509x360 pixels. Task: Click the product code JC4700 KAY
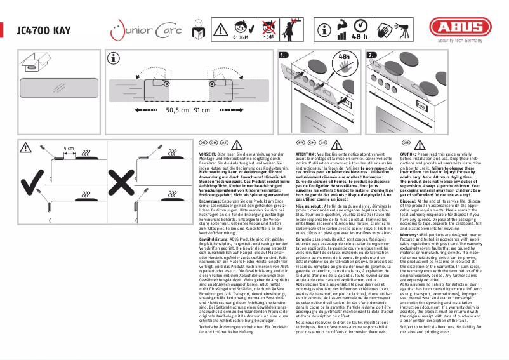click(x=44, y=29)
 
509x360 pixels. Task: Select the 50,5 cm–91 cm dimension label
click(x=188, y=110)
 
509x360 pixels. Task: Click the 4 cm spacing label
click(x=69, y=147)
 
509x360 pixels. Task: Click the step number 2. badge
click(x=371, y=55)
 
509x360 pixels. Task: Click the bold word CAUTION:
click(x=412, y=154)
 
